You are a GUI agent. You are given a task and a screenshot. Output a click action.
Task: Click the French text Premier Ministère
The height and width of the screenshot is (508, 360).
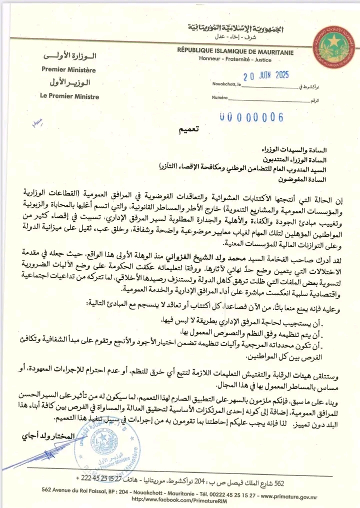[68, 70]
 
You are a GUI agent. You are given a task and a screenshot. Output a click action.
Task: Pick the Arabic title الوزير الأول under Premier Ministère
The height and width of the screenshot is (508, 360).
[69, 83]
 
